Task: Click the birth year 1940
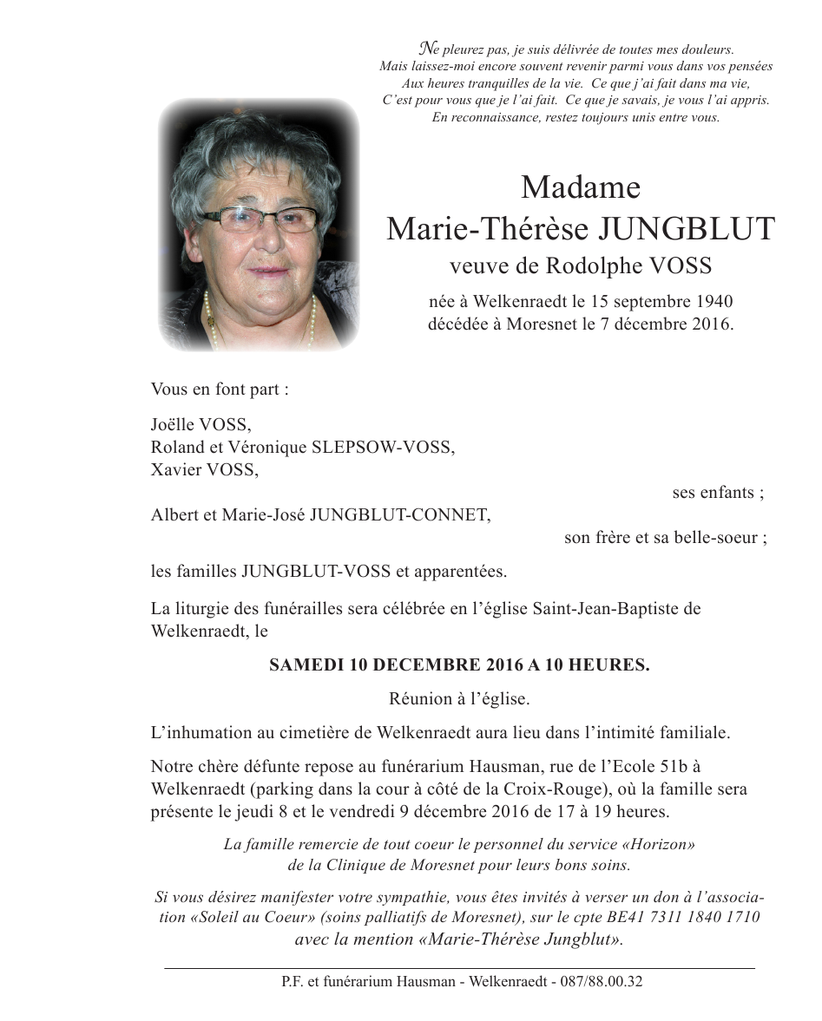coord(714,302)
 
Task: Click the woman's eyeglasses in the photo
coord(260,220)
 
